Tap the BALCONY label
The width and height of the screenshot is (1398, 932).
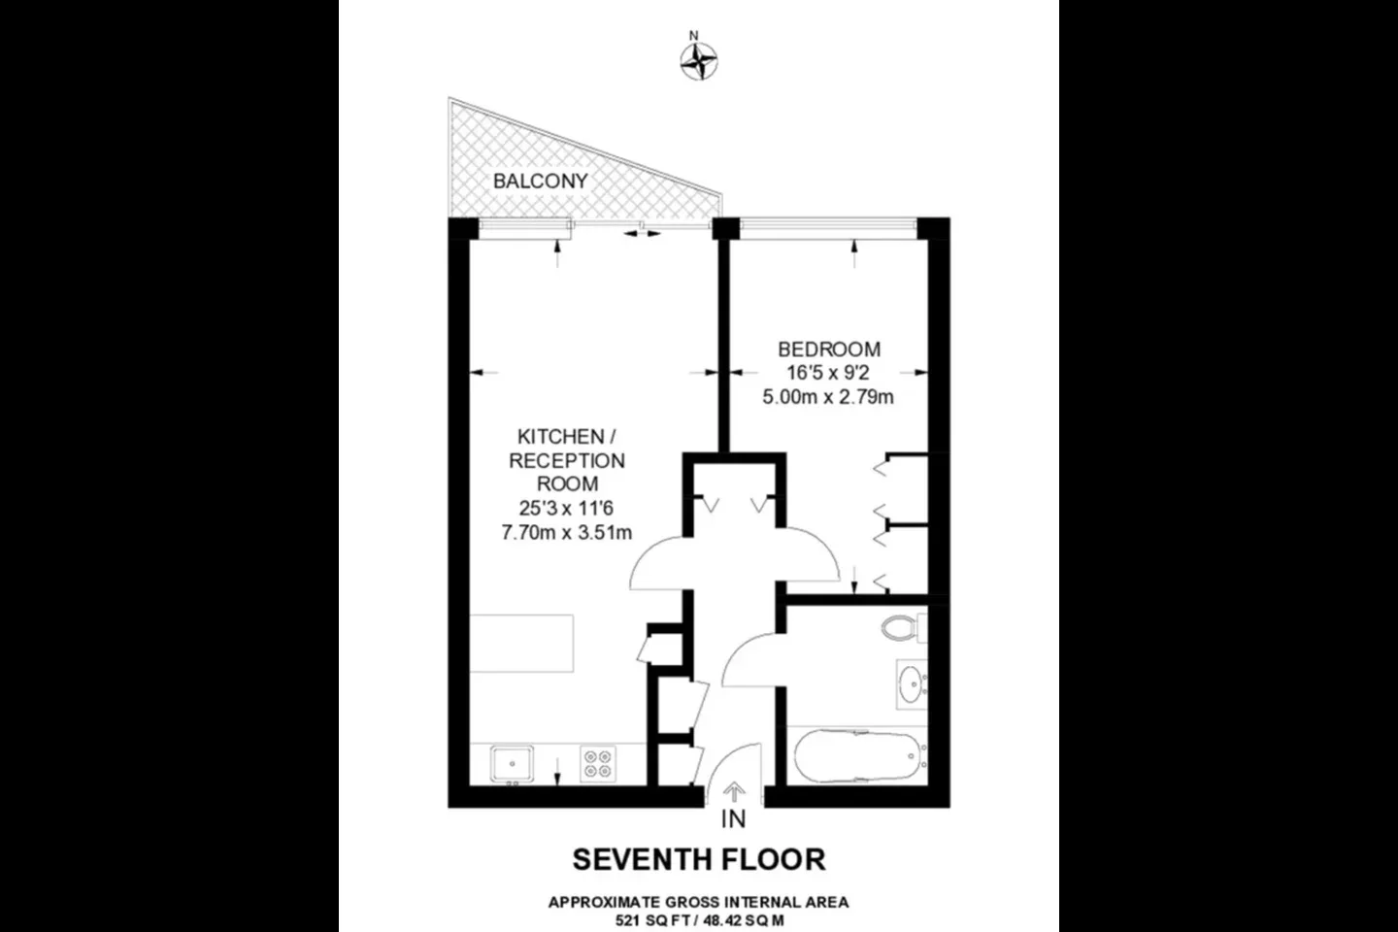click(541, 181)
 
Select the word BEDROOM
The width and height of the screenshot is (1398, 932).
click(829, 349)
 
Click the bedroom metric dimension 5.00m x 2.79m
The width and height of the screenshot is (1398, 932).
click(827, 397)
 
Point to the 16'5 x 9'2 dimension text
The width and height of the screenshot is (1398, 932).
click(827, 373)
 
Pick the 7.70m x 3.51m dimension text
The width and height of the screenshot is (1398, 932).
click(567, 532)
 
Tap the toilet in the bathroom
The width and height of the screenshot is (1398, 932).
click(904, 627)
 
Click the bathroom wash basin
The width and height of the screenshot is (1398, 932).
click(912, 683)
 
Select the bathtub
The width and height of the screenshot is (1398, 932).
click(860, 756)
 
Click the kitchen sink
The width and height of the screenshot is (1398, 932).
click(512, 763)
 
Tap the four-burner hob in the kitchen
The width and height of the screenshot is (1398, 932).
click(598, 764)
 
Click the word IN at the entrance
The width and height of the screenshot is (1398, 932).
click(733, 819)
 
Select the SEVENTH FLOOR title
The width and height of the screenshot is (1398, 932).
click(699, 859)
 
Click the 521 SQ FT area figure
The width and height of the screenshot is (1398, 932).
click(654, 920)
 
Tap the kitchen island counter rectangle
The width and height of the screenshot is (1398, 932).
click(521, 644)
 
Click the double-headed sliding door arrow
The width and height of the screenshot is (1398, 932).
click(643, 233)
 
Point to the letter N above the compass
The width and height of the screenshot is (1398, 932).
click(693, 36)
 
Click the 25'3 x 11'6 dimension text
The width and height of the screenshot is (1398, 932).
click(566, 508)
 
